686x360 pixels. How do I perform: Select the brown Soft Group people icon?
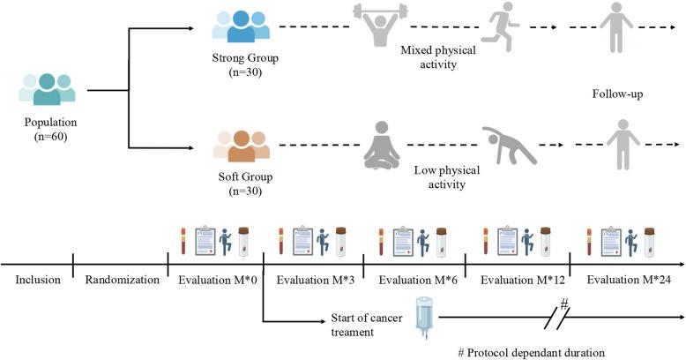click(241, 146)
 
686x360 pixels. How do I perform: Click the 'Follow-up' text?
click(619, 91)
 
